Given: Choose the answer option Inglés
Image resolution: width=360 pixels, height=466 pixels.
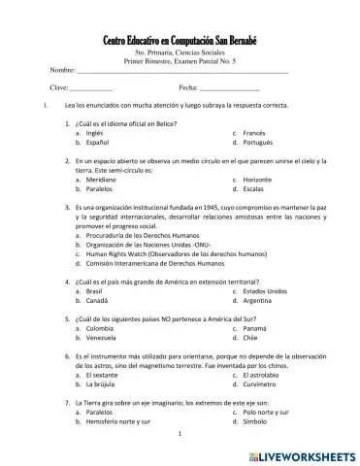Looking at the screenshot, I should tap(95, 132).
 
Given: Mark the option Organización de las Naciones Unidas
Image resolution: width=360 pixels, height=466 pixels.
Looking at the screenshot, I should tap(147, 246).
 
